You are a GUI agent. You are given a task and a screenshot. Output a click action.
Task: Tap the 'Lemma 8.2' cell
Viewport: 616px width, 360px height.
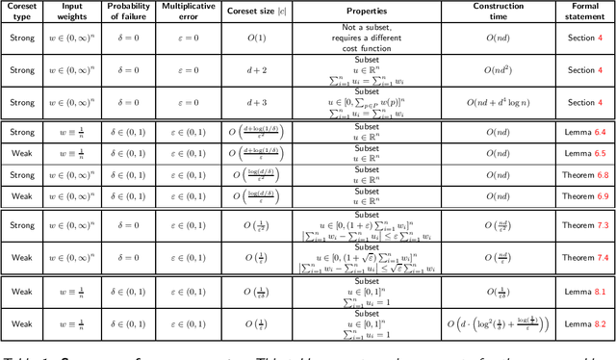pyautogui.click(x=584, y=324)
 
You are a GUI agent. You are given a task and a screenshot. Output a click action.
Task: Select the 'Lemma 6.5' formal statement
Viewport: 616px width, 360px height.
pyautogui.click(x=584, y=153)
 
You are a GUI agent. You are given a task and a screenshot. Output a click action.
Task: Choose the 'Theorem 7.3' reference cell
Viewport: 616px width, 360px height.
pyautogui.click(x=584, y=225)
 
